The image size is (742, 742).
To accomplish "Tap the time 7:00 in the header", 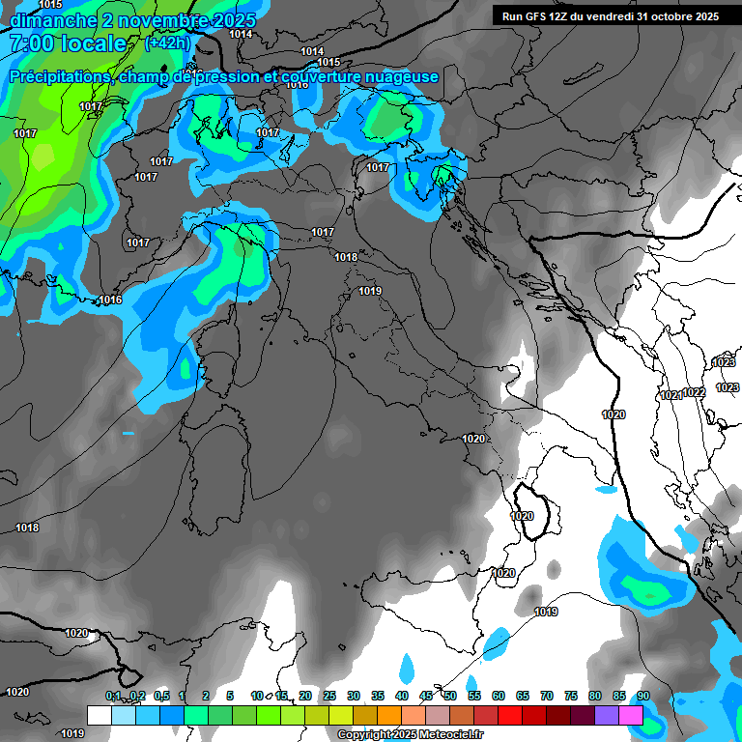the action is pos(38,43).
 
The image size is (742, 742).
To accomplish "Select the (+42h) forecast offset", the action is pos(167,43).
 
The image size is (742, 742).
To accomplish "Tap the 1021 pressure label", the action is pos(671,395).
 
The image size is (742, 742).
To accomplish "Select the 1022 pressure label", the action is pos(694,392).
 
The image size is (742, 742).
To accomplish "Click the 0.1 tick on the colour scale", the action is pos(113,697).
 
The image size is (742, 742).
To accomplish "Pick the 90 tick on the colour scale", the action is pos(642,697).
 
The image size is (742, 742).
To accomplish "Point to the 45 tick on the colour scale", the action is pos(426,697).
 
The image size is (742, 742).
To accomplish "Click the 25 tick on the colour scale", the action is pos(329,697).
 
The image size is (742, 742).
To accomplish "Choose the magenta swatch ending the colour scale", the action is pos(631,715).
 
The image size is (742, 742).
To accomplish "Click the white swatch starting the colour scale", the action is pos(100,715).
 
